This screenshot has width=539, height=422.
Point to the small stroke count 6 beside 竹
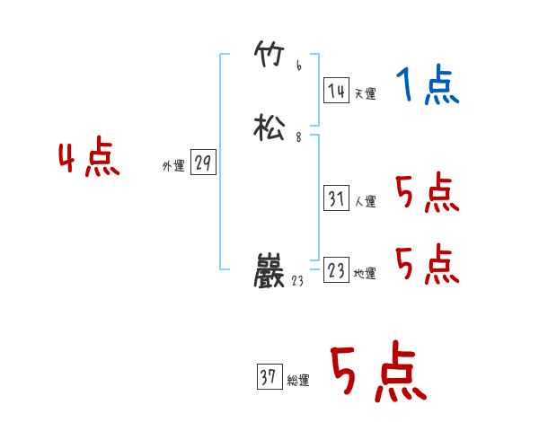coord(298,66)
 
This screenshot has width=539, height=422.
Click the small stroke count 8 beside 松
coord(298,137)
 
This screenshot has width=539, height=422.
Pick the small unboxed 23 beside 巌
coord(299,281)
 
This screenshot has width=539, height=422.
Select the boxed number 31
coord(337,198)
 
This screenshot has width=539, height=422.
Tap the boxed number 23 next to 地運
coord(337,270)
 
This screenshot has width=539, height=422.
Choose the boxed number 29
coord(203,163)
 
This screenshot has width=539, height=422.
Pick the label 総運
coord(298,382)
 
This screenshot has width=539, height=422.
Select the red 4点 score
coord(88,160)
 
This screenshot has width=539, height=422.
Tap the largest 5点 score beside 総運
coord(377,374)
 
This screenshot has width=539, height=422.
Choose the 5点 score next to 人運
coord(427,192)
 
